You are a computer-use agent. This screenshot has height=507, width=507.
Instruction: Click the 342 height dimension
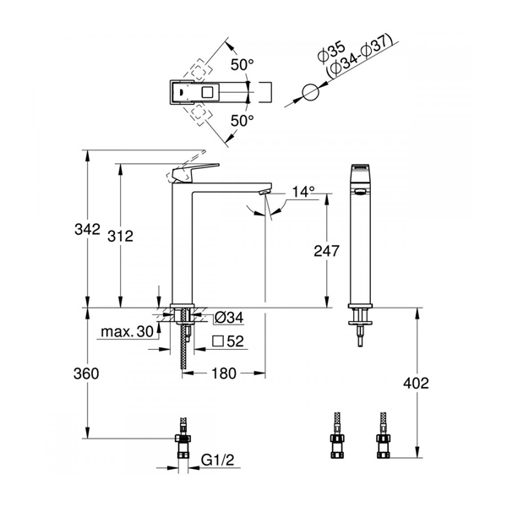point(87,229)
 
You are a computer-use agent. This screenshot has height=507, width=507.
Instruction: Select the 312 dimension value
point(120,236)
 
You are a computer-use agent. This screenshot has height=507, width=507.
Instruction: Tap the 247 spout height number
point(326,251)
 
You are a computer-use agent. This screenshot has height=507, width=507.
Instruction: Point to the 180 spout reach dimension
point(224,373)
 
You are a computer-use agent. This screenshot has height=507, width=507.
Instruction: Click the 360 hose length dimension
point(86,373)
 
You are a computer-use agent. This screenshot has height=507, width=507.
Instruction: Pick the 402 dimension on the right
point(416,383)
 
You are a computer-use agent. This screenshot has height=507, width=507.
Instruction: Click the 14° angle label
point(303,192)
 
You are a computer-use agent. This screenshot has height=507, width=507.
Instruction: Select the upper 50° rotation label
point(242,65)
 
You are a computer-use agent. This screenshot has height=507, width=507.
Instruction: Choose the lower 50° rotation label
point(242,121)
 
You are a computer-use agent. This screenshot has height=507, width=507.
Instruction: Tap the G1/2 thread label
point(217,460)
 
